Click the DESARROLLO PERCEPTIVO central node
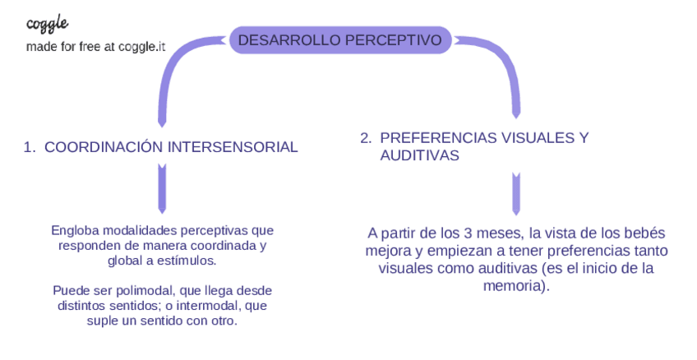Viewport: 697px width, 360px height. [x=339, y=39]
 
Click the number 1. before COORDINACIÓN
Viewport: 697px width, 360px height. [x=30, y=147]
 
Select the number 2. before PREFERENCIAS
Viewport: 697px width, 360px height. [x=367, y=138]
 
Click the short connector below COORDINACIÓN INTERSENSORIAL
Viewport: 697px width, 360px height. [x=162, y=189]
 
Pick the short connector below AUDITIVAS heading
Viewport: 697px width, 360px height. [x=516, y=194]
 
